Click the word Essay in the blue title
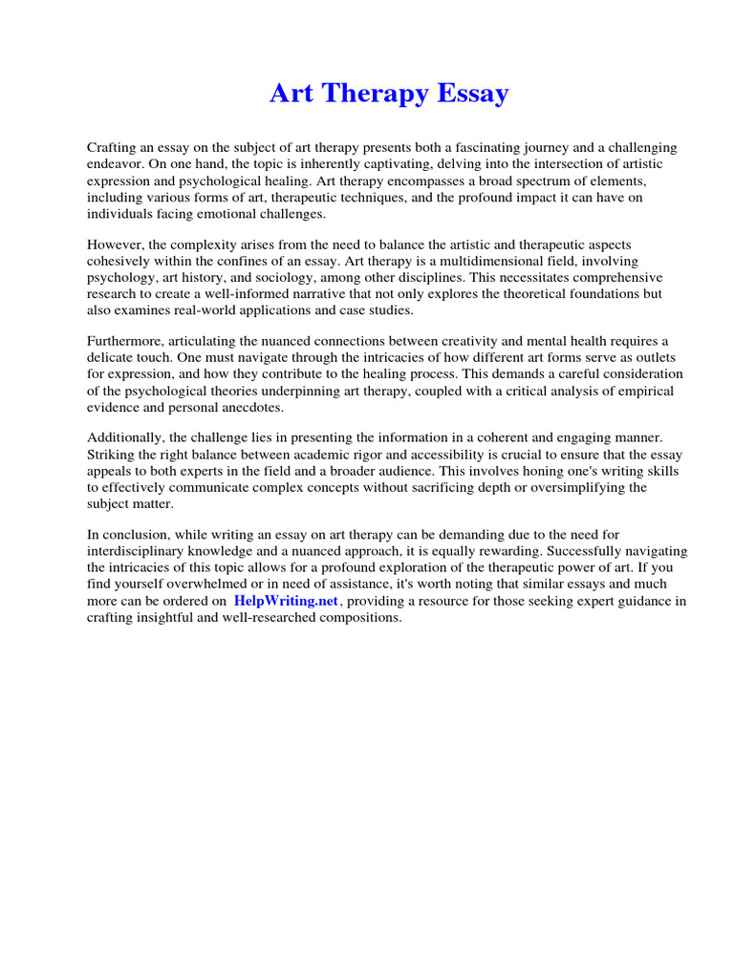pyautogui.click(x=469, y=95)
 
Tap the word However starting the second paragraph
pyautogui.click(x=117, y=245)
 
